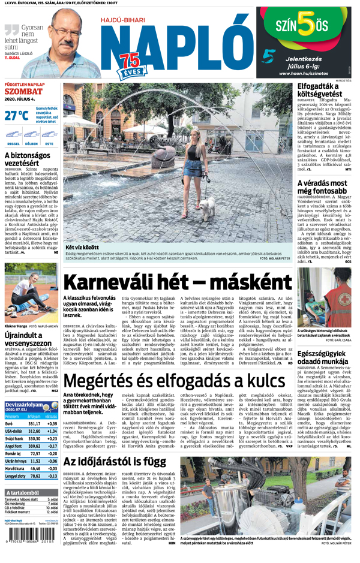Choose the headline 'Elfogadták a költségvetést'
(x=319, y=91)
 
